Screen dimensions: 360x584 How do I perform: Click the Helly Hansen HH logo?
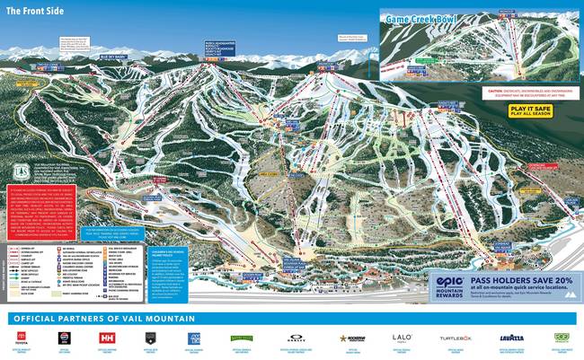[109, 339]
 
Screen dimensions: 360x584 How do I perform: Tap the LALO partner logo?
[401, 338]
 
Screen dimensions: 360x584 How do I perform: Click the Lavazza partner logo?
[511, 339]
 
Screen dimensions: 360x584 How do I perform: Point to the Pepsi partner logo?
[63, 339]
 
